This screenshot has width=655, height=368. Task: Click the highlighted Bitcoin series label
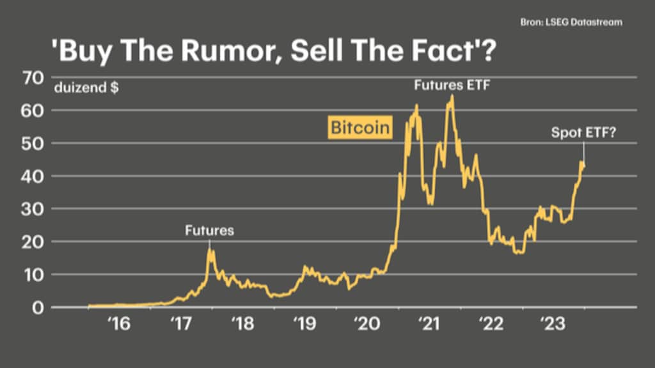pos(359,128)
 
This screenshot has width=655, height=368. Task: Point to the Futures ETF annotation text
pos(451,84)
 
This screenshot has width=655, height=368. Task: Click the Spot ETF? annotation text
pos(583,134)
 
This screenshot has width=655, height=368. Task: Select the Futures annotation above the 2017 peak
pos(209,231)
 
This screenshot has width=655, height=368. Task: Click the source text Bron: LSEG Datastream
pos(571,22)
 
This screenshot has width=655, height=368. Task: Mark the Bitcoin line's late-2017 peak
pos(209,250)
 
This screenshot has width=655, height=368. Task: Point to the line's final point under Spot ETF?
pos(583,167)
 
